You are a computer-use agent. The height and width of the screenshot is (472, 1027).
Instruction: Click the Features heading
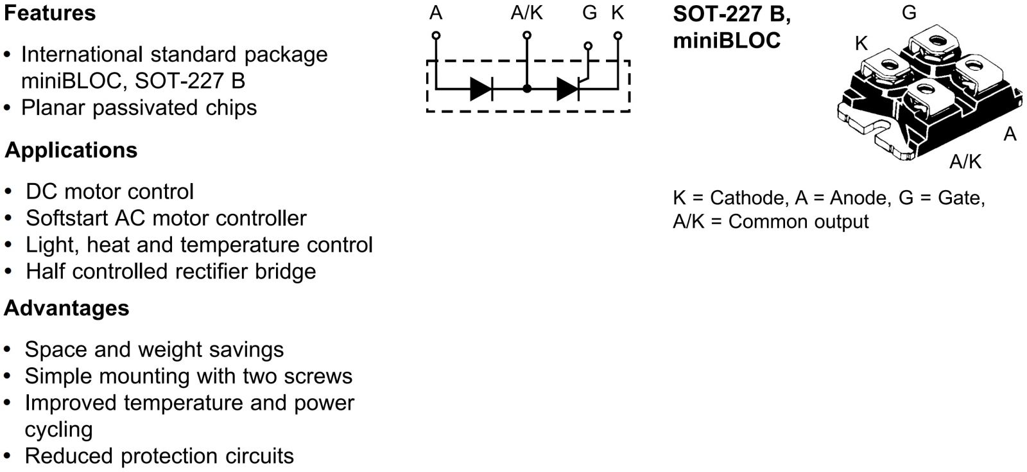click(49, 13)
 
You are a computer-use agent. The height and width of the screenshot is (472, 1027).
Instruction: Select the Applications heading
click(71, 150)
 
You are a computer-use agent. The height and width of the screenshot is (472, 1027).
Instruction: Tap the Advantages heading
click(66, 308)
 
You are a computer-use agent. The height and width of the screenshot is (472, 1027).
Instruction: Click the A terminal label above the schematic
click(436, 13)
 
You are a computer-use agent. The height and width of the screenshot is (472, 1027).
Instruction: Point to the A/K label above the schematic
click(526, 13)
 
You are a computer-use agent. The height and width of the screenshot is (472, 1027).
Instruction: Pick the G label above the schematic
click(589, 13)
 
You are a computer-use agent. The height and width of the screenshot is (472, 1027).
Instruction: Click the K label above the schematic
click(617, 13)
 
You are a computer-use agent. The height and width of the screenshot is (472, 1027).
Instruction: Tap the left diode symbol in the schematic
click(481, 89)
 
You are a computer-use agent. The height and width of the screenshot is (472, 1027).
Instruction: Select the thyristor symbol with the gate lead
click(568, 89)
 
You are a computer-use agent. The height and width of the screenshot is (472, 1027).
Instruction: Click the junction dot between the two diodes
click(527, 89)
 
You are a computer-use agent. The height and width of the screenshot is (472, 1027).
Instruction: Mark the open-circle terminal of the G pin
click(587, 46)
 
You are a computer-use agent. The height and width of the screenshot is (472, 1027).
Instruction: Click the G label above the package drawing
click(909, 13)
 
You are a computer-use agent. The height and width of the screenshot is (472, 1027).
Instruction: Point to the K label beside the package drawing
click(861, 44)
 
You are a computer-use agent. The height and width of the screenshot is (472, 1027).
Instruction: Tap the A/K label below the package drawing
click(965, 162)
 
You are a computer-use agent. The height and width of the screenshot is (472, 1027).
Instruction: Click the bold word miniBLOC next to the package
click(726, 40)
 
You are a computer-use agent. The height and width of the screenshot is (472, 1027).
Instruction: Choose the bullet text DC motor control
click(109, 191)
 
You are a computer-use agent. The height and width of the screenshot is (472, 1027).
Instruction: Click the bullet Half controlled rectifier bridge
click(171, 271)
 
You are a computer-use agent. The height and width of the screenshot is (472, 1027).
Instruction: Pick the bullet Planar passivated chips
click(139, 107)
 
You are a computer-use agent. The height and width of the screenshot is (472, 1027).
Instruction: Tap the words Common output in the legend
click(798, 222)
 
